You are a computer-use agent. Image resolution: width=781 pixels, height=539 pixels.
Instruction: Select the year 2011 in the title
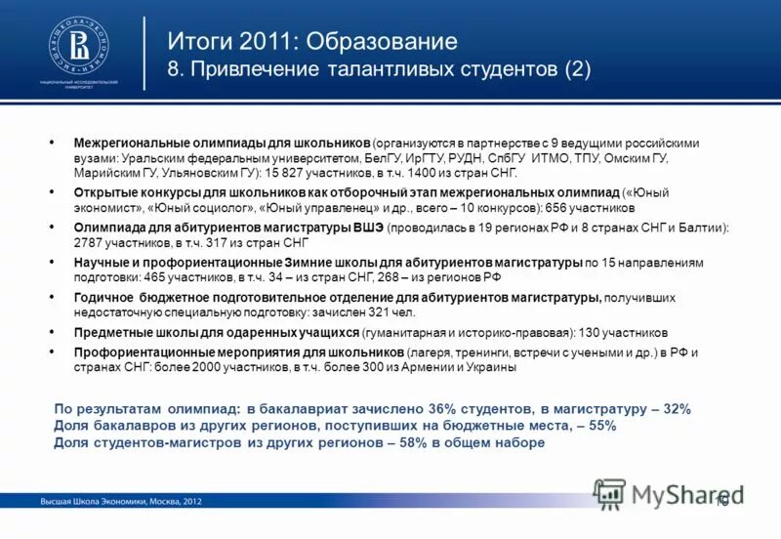[x=252, y=42]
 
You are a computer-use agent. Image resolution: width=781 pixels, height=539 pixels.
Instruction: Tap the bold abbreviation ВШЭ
[x=366, y=227]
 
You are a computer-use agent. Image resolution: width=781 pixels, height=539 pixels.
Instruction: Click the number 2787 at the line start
[x=90, y=240]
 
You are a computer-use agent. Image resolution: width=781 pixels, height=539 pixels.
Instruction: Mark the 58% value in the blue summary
[x=402, y=442]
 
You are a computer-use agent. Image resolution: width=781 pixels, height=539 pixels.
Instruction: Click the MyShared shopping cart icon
[x=609, y=493]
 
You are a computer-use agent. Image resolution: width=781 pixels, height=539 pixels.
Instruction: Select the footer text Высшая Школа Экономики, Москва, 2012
[x=121, y=501]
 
